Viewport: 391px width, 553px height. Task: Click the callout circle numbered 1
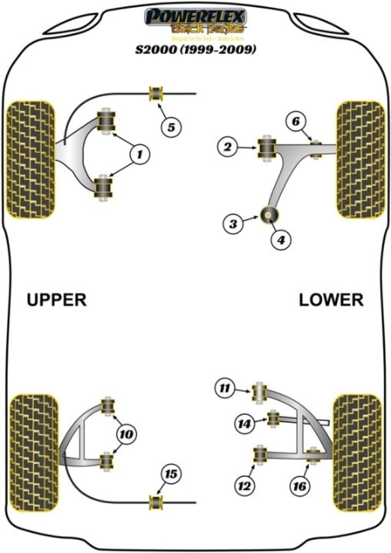(x=140, y=155)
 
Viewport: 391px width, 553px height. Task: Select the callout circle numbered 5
(x=171, y=128)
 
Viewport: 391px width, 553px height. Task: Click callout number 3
(x=234, y=223)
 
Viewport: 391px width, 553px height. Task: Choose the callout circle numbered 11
(x=224, y=388)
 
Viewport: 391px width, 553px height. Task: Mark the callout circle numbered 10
(x=125, y=434)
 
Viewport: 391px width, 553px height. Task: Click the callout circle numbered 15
(x=171, y=475)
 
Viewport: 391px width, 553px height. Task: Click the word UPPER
(x=57, y=299)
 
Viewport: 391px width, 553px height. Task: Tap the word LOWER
(x=331, y=299)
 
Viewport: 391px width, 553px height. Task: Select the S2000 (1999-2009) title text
(x=194, y=51)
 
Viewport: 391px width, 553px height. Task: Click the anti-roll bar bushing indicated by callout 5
(x=157, y=93)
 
